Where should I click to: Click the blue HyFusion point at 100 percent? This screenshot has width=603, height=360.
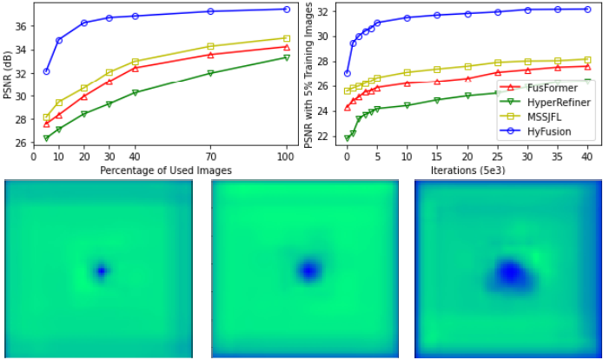click(287, 9)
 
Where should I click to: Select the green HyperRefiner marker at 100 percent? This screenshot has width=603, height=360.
click(287, 57)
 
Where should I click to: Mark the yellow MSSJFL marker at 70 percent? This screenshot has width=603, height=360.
click(210, 46)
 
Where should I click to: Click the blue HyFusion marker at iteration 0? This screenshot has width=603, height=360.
click(348, 73)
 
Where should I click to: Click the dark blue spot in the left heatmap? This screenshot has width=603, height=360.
click(101, 271)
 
